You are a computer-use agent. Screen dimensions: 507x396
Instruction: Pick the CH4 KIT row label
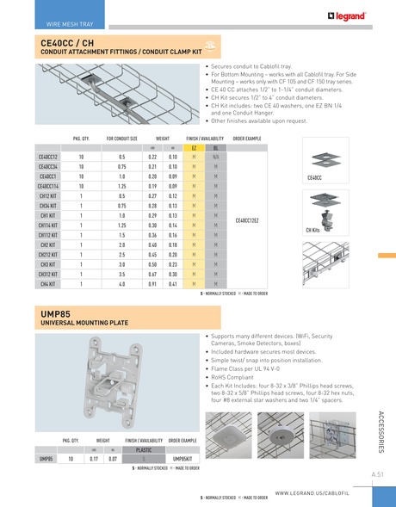[48, 283]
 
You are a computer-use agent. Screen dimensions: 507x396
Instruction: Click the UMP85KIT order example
[183, 460]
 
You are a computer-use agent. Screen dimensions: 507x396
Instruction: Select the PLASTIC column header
[144, 449]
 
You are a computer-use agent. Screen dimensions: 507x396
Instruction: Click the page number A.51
[377, 474]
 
